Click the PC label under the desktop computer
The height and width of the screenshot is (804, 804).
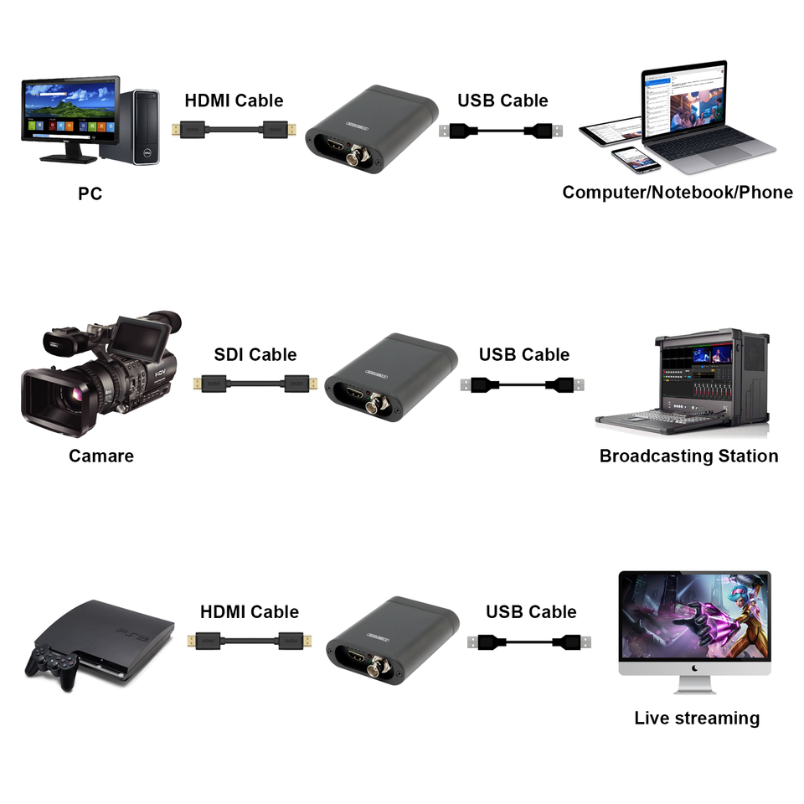pos(90,193)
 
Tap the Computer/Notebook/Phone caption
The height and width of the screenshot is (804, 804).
pos(677,192)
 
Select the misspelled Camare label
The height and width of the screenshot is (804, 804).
pos(100,456)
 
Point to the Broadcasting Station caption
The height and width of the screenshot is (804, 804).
pos(688,456)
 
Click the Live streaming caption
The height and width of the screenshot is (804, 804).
pos(696,718)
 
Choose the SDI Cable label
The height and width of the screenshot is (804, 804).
pos(255,354)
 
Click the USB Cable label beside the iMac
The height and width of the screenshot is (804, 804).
pos(531,611)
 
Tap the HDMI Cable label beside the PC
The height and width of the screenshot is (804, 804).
pos(234,100)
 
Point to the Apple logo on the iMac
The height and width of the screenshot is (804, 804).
pos(694,668)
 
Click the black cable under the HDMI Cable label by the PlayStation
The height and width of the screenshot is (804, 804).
pos(250,642)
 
